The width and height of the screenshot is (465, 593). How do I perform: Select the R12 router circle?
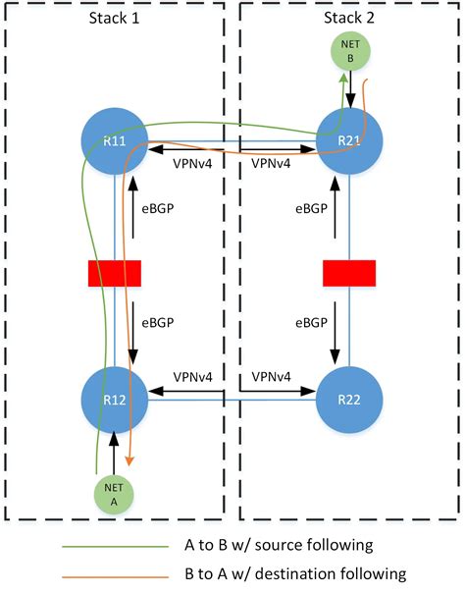pyautogui.click(x=116, y=400)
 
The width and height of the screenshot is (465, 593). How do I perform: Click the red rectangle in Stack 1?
pyautogui.click(x=115, y=272)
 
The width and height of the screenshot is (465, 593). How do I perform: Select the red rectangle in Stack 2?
pyautogui.click(x=349, y=272)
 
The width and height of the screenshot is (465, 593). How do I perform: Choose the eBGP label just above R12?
pyautogui.click(x=163, y=321)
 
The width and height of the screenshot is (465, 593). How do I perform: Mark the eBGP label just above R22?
pyautogui.click(x=313, y=321)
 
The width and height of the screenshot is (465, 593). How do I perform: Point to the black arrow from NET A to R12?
pyautogui.click(x=116, y=457)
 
